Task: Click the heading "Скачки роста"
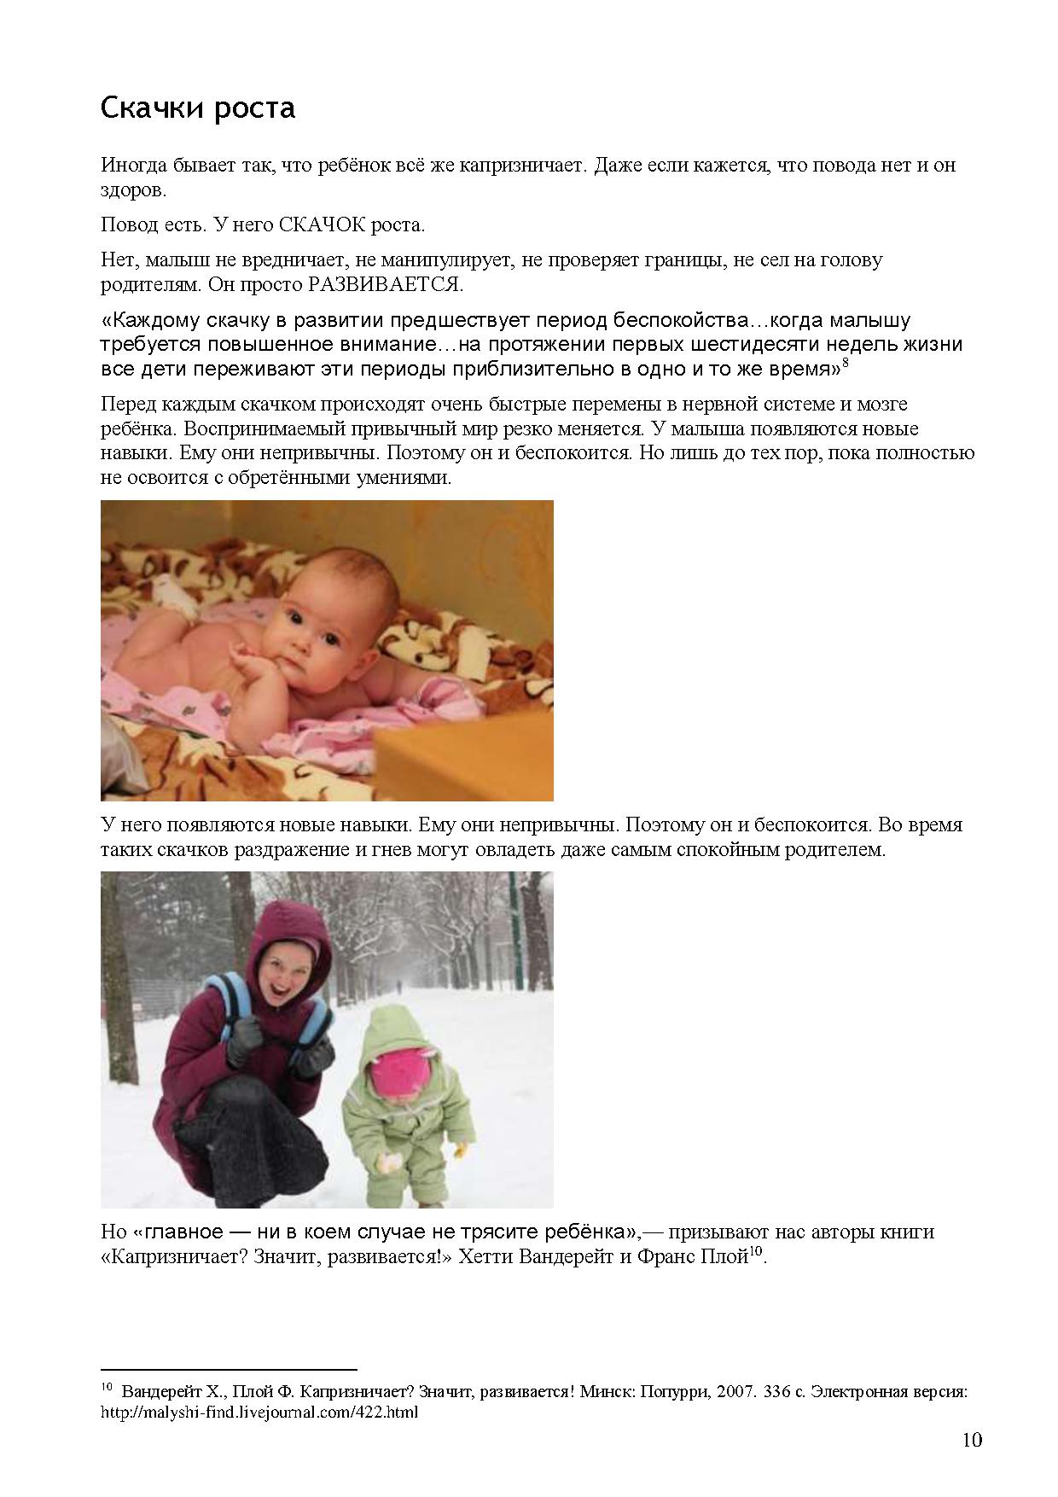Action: point(198,108)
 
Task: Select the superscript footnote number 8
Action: point(845,364)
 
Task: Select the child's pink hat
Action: point(402,1071)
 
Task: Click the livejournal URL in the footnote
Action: point(259,1413)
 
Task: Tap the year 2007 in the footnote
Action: point(736,1392)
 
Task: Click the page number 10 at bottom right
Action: point(972,1441)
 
